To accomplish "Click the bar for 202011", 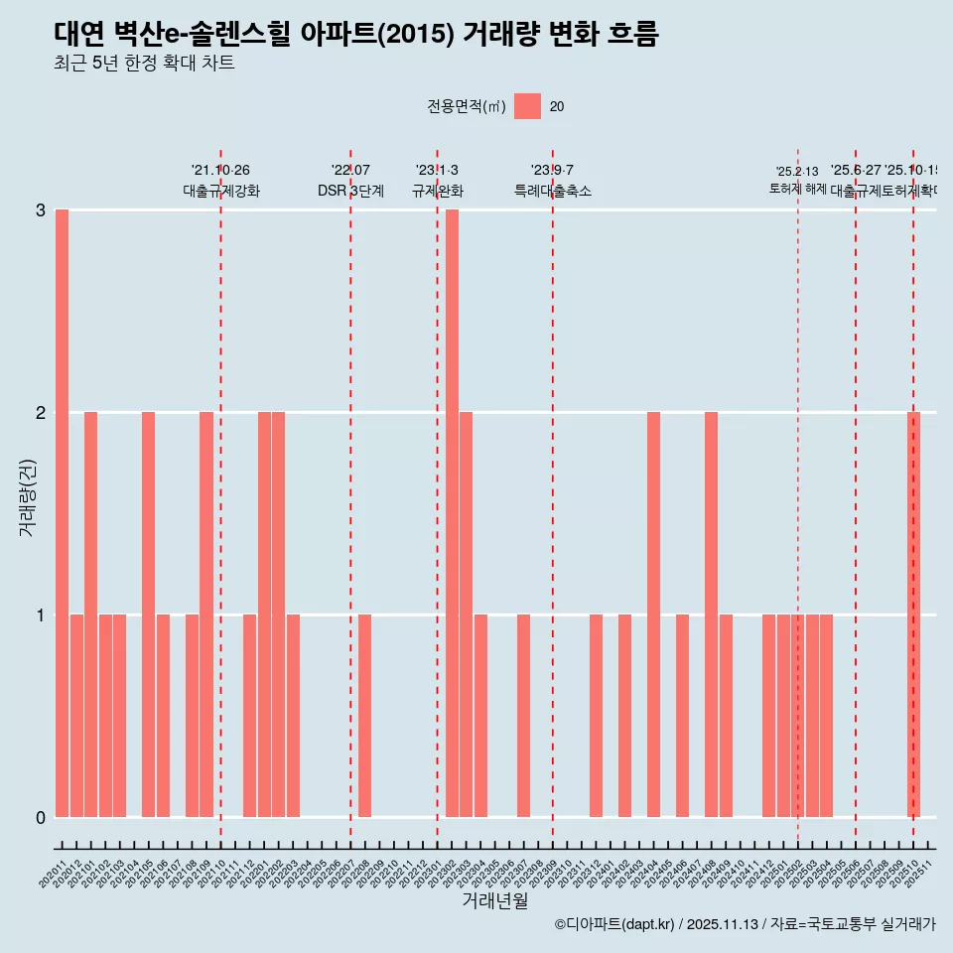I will point(62,513).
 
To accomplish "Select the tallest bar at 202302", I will point(452,513).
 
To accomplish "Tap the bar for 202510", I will point(914,614).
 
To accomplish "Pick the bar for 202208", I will point(364,716).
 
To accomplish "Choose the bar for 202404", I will point(653,614).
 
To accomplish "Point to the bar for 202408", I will point(711,614).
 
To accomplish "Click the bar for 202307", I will point(523,716).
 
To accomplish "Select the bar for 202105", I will point(148,614).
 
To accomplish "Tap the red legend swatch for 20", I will point(527,106).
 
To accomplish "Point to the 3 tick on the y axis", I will point(41,209).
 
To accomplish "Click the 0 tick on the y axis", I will point(41,817).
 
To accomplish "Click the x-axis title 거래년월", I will point(494,900).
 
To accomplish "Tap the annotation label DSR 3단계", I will point(350,191).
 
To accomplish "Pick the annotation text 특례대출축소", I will point(552,191).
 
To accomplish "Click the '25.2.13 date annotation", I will point(797,172).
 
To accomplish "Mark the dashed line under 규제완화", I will point(437,496).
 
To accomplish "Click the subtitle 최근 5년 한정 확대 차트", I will point(144,64).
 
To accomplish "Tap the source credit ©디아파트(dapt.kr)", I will point(614,924).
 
